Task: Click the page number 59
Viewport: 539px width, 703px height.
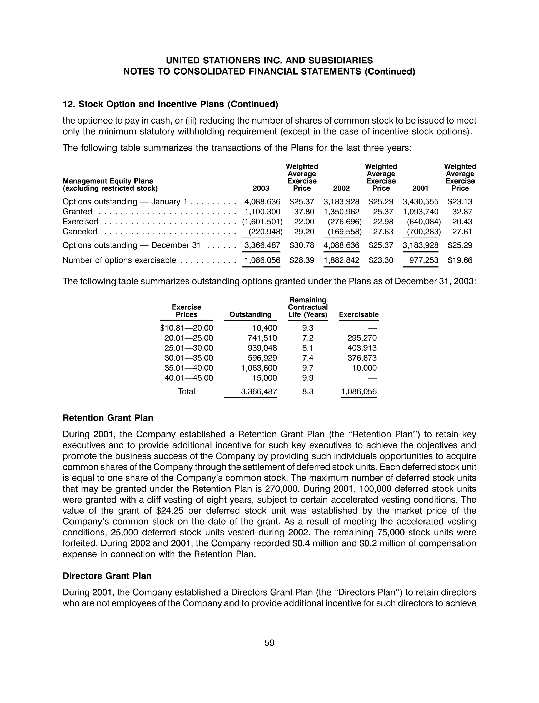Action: [269, 643]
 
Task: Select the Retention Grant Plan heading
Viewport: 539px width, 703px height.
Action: [108, 418]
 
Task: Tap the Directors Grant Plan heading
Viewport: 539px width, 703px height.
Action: [107, 576]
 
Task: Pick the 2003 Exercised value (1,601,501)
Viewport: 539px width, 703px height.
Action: [262, 222]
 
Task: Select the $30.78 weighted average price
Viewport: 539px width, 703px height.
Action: [302, 245]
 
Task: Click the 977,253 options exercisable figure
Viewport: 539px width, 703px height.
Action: [423, 260]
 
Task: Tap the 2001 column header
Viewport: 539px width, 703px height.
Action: [420, 188]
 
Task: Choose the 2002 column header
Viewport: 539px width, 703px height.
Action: [341, 188]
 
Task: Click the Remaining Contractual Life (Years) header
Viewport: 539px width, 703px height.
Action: [308, 307]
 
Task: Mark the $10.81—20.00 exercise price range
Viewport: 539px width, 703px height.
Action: [186, 328]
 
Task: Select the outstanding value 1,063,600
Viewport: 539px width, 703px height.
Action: [259, 368]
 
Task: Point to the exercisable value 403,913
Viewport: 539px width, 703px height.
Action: [362, 348]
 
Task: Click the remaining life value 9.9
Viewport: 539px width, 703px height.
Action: [308, 378]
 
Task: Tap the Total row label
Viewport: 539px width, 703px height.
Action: [186, 391]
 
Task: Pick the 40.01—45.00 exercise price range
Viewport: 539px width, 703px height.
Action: [189, 378]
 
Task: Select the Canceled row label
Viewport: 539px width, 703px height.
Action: [80, 232]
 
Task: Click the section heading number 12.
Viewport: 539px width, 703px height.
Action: [68, 104]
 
